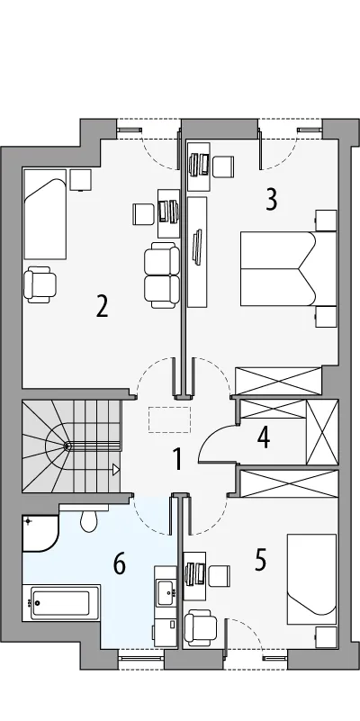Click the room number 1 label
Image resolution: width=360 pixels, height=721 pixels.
(x=177, y=460)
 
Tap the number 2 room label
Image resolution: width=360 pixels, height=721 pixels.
(x=102, y=306)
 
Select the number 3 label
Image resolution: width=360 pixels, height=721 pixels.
(x=272, y=200)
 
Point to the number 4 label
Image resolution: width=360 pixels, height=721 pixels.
(x=264, y=437)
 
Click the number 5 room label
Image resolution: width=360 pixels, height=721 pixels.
(x=260, y=561)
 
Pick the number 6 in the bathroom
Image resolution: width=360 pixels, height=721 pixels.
(x=120, y=564)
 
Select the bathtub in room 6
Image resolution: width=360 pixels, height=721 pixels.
(x=61, y=602)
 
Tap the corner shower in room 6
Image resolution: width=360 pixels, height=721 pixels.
(x=40, y=534)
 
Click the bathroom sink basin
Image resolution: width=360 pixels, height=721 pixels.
(x=165, y=592)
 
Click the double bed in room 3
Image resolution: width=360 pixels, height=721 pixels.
(x=288, y=269)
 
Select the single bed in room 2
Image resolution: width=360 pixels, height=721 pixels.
(x=45, y=215)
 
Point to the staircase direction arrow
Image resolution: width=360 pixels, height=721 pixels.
(x=116, y=470)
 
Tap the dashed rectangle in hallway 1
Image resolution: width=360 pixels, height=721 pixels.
(x=170, y=419)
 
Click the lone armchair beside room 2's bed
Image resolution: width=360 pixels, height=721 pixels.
(x=40, y=284)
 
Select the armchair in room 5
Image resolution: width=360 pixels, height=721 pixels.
(x=201, y=627)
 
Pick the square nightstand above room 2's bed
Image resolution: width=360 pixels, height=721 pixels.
(x=80, y=180)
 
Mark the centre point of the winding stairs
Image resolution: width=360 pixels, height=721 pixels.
(x=67, y=446)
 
